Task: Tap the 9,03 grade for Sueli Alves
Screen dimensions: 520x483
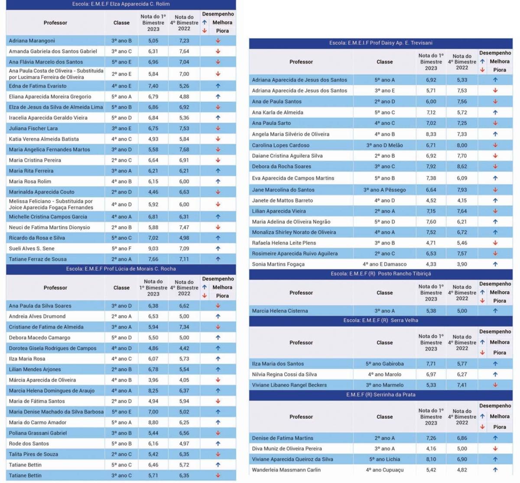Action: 153,248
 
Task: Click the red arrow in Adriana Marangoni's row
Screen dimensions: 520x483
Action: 218,41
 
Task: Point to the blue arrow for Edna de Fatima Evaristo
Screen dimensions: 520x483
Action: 218,86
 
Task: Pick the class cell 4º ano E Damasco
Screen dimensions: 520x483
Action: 384,264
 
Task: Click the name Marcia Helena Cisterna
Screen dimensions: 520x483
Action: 279,311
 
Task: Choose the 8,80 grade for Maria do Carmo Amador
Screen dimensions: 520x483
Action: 153,422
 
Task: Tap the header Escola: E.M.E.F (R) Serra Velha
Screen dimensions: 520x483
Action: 380,320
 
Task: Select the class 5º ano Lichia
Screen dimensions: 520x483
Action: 384,459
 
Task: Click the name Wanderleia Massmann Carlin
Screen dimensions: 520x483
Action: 286,470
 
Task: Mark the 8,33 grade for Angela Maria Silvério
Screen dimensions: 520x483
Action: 431,134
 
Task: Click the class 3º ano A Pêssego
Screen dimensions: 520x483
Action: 384,190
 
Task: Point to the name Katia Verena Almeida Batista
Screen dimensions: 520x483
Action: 44,139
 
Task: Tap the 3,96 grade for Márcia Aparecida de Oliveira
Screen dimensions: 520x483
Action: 153,380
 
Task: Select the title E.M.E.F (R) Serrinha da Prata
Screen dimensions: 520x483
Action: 380,394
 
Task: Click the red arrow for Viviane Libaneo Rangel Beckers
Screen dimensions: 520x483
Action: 495,385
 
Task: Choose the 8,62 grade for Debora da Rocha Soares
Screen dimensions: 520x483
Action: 462,166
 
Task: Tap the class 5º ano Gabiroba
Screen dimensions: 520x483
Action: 384,363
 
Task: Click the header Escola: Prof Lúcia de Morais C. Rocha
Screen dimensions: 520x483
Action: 121,269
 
